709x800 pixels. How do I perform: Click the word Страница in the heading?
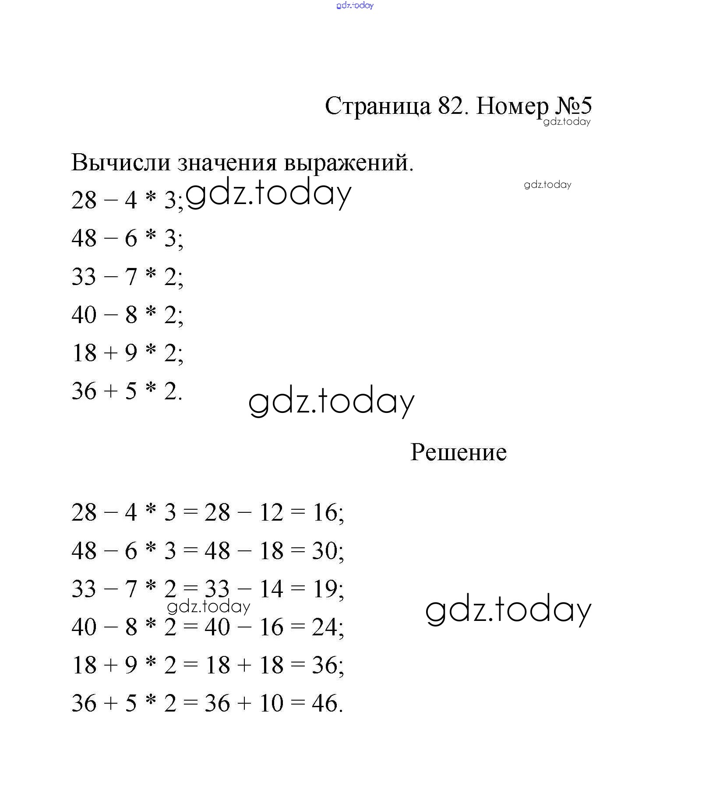click(x=377, y=106)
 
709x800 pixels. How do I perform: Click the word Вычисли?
click(x=120, y=162)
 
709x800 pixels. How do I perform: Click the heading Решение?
click(x=458, y=452)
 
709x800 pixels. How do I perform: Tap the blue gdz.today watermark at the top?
click(x=355, y=5)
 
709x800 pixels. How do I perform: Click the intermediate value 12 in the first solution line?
click(x=271, y=512)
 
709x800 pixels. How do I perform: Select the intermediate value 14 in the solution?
click(x=271, y=589)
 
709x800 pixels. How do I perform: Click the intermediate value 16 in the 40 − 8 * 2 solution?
click(x=271, y=627)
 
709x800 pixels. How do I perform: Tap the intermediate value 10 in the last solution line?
click(x=271, y=703)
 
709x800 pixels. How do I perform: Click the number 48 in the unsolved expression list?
click(x=84, y=239)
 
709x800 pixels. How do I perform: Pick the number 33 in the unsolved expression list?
click(x=84, y=277)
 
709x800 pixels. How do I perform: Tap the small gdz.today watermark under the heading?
click(x=567, y=122)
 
